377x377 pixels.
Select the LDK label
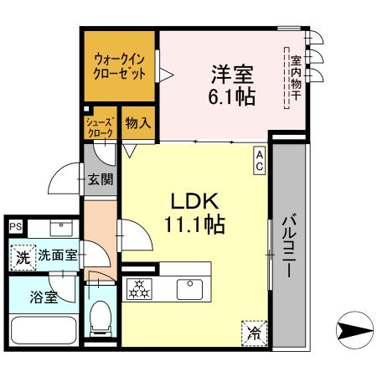tap(195, 201)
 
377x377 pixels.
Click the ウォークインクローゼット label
tap(119, 66)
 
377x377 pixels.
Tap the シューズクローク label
tap(99, 127)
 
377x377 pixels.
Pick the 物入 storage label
tap(138, 122)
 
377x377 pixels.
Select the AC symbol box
tap(260, 159)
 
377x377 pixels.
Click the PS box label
tap(14, 225)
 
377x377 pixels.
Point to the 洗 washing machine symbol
tap(22, 256)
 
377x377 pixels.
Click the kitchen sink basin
tap(189, 289)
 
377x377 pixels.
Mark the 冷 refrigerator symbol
tap(254, 333)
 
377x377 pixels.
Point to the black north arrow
tap(354, 328)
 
